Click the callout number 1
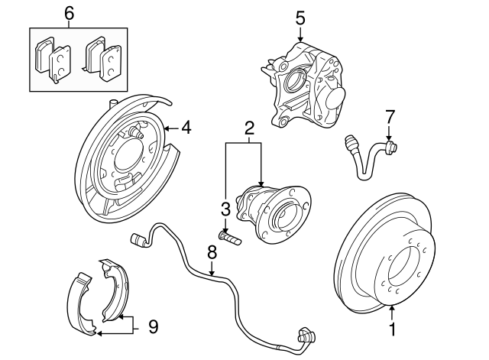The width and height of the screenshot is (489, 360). [x=393, y=331]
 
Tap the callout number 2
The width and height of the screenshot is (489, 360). [x=248, y=128]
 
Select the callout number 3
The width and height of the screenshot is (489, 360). [x=225, y=209]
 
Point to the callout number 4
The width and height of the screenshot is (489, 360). [x=186, y=128]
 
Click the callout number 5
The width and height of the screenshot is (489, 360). [x=300, y=17]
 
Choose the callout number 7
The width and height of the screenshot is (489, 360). [x=390, y=116]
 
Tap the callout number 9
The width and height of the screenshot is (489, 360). [x=153, y=326]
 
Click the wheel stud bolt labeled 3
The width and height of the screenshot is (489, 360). [x=228, y=238]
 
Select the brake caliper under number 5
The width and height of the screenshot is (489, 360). [x=309, y=86]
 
